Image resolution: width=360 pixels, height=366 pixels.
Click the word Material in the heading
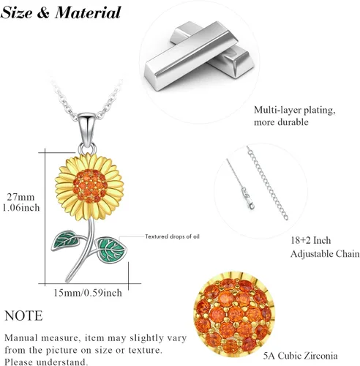point(88,12)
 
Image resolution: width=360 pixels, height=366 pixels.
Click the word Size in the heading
point(17,12)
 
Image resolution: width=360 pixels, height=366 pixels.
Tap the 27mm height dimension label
point(20,197)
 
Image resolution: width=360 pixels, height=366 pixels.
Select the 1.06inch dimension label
point(21,208)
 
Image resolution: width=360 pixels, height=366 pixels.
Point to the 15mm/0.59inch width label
point(88,293)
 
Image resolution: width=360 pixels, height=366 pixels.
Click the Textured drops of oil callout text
point(172,236)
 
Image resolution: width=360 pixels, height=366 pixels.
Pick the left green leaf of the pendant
point(65,240)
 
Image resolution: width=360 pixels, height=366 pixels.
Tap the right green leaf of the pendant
point(110,250)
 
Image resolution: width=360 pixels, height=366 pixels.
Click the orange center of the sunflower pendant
point(90,186)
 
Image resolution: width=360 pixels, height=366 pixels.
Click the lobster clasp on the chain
point(247,198)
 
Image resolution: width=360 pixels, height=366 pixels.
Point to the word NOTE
point(23,315)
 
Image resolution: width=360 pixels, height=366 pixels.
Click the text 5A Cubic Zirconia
point(301,356)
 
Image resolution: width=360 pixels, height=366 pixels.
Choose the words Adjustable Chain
point(325,254)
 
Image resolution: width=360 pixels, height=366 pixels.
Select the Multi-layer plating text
point(295,110)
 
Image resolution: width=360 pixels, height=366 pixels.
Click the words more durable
point(281,122)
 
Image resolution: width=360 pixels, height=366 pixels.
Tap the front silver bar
point(191,56)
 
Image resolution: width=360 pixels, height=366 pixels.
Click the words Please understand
point(46,362)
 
